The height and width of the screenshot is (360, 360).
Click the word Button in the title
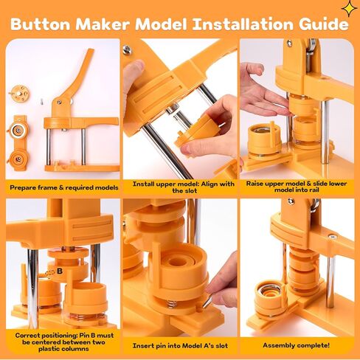click(x=41, y=24)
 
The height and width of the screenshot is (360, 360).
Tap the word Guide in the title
click(x=324, y=24)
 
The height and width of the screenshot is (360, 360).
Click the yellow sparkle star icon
click(x=350, y=9)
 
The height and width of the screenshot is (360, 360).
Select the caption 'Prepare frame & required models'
click(x=64, y=187)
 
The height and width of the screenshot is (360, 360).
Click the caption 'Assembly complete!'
click(x=296, y=345)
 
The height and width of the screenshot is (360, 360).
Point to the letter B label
click(x=60, y=271)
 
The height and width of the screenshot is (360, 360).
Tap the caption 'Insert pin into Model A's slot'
click(x=180, y=346)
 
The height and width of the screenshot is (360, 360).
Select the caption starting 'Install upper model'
click(x=184, y=187)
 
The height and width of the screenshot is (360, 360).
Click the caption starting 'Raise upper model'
click(x=297, y=187)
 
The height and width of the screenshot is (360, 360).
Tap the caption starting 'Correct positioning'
click(x=64, y=342)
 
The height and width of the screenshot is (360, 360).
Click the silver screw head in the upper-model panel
click(x=127, y=49)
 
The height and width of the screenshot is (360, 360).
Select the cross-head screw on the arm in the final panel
click(x=333, y=238)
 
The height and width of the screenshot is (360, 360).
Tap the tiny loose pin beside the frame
click(x=42, y=101)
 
